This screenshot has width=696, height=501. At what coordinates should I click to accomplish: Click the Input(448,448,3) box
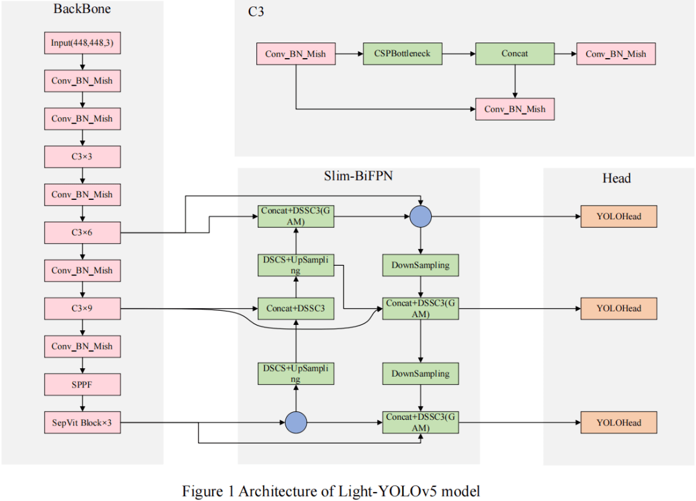[x=82, y=44]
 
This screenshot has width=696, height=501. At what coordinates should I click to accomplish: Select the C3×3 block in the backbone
[x=82, y=157]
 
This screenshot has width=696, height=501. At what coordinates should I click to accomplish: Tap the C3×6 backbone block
[x=82, y=233]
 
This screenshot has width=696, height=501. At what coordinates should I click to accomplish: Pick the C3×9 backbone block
[x=82, y=308]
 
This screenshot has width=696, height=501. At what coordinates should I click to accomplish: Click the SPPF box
[x=82, y=384]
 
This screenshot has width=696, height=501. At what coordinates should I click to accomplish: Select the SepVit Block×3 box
[x=82, y=422]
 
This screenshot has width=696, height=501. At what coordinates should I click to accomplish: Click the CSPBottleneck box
[x=403, y=54]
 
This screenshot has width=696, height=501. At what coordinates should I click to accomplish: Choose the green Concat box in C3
[x=515, y=54]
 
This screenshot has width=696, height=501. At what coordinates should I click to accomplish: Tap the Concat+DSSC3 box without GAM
[x=296, y=308]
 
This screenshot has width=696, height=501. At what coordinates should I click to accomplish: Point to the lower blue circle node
[x=296, y=422]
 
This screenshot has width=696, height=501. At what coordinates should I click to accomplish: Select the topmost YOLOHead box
[x=619, y=217]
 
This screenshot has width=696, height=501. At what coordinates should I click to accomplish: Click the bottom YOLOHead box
[x=619, y=422]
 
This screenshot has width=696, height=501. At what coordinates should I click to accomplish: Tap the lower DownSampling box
[x=420, y=373]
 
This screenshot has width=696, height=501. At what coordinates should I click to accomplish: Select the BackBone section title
[x=81, y=10]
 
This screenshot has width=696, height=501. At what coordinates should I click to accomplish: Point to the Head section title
[x=617, y=178]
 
